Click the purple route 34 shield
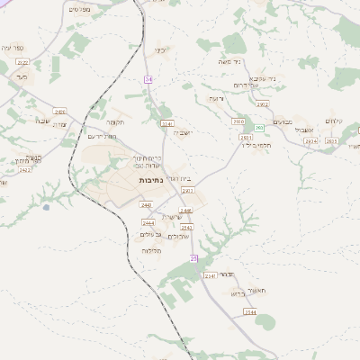click(x=147, y=80)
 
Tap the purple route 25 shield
click(x=193, y=258)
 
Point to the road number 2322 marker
click(x=22, y=62)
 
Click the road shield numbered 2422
click(x=25, y=169)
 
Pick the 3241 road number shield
click(x=166, y=123)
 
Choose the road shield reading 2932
click(x=262, y=104)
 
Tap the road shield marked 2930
click(x=238, y=121)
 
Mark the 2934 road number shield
click(x=310, y=140)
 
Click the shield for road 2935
click(x=332, y=140)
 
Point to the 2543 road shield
click(x=185, y=228)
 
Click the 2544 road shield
click(x=250, y=311)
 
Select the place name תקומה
click(x=113, y=121)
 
